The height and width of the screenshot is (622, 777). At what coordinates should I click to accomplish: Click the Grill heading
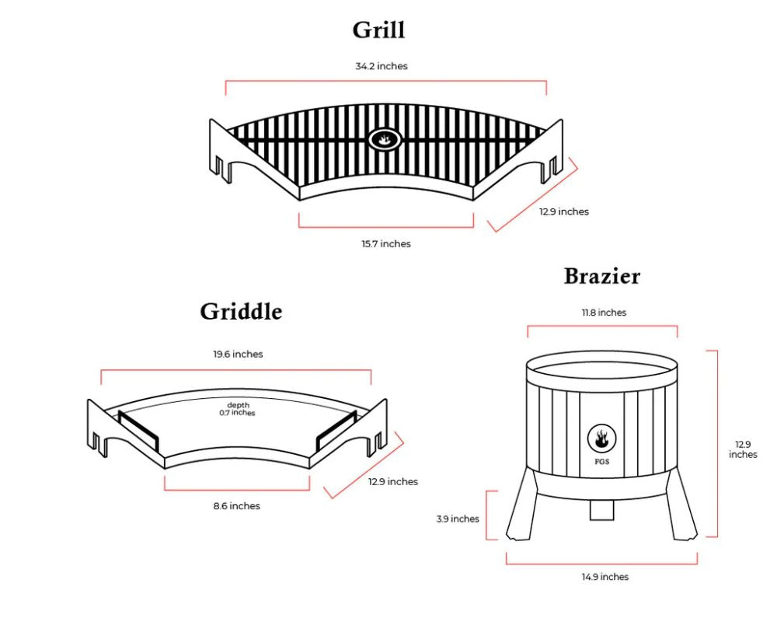click(x=378, y=30)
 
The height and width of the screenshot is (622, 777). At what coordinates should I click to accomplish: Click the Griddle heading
click(x=241, y=312)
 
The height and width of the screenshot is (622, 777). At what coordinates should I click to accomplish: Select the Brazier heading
click(x=602, y=276)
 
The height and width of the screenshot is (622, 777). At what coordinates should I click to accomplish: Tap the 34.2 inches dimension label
click(x=382, y=66)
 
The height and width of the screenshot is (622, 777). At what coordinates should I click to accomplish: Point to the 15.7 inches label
click(x=386, y=243)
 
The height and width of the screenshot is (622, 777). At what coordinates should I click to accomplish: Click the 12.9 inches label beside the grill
click(x=564, y=211)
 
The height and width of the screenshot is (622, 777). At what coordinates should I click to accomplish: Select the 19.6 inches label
click(x=238, y=355)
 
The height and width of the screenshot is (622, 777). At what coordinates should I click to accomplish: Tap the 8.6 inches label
click(x=237, y=506)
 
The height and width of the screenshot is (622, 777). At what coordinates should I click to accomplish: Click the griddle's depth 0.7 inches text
click(x=237, y=409)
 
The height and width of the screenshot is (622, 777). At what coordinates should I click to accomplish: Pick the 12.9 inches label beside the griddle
click(x=393, y=481)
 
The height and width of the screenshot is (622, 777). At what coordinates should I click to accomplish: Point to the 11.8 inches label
click(x=604, y=313)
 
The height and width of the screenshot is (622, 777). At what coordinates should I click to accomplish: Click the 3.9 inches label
click(x=458, y=519)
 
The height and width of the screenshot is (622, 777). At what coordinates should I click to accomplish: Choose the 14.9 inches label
click(x=605, y=577)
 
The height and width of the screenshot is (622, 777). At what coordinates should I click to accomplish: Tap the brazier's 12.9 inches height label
click(x=743, y=449)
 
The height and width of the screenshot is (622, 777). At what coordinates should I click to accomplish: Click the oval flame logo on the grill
click(x=385, y=139)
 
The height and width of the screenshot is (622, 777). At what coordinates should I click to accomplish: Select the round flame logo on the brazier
click(x=601, y=439)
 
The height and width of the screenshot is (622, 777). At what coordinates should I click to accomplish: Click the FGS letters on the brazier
click(x=602, y=462)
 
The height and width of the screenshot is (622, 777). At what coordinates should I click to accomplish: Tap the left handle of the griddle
click(x=138, y=432)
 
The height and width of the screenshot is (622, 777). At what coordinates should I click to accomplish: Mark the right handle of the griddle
click(x=336, y=432)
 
